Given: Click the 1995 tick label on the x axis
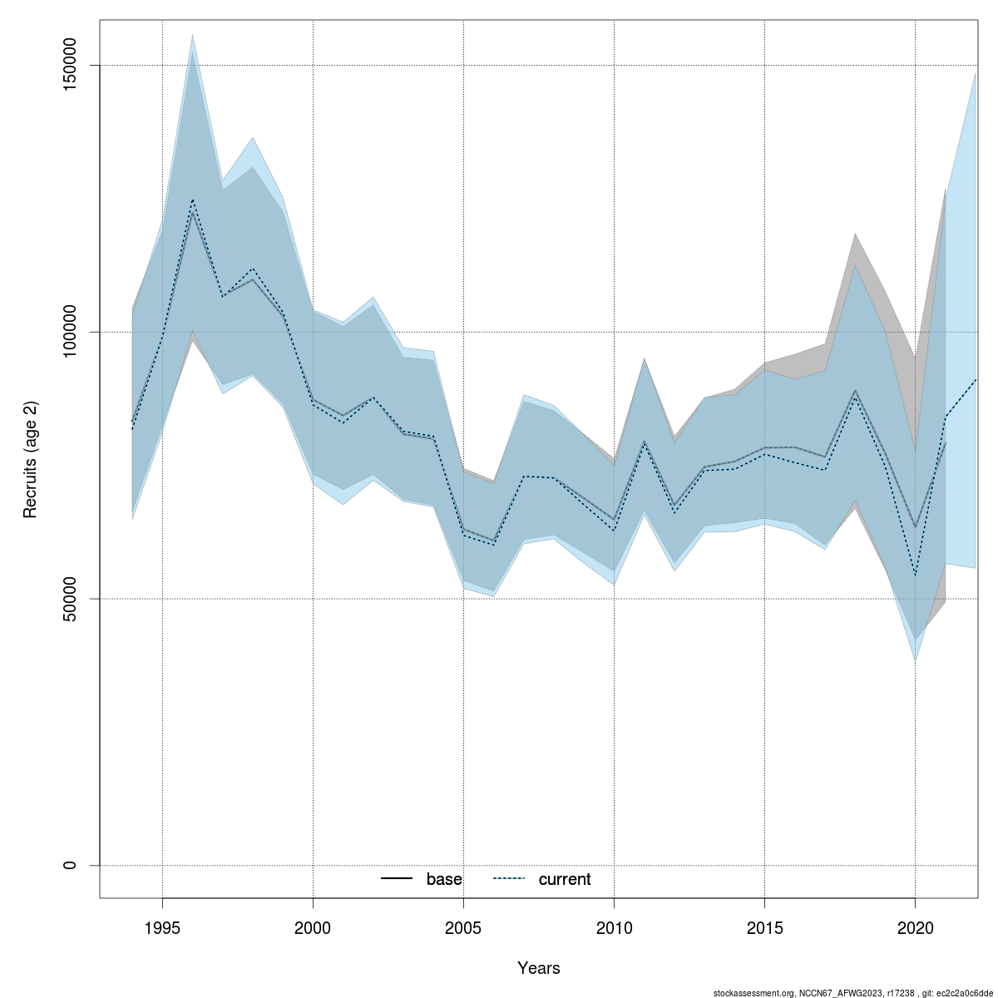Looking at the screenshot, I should click(x=162, y=927).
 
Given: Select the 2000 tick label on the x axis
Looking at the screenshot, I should click(x=313, y=927).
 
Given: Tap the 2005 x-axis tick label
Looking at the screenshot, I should click(x=463, y=927).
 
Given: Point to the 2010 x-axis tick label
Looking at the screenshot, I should click(x=614, y=927).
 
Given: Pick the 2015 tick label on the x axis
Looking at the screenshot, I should click(x=764, y=927).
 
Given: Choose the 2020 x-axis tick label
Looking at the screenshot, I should click(x=915, y=927).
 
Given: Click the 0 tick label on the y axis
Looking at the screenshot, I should click(x=70, y=865).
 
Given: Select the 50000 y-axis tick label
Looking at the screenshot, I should click(x=70, y=599).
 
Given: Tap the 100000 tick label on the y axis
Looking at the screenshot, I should click(x=70, y=332).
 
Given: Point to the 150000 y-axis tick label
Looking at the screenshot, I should click(x=70, y=65).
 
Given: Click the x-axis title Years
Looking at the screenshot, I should click(x=539, y=968).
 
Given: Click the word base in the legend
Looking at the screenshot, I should click(x=444, y=879).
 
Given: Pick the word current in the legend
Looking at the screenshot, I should click(x=565, y=879).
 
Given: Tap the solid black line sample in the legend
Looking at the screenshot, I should click(x=397, y=879).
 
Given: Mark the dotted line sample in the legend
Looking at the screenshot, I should click(x=509, y=879).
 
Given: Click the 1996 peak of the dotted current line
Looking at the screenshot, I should click(x=193, y=200).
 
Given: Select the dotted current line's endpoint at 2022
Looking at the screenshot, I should click(x=976, y=379).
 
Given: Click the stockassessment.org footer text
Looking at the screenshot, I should click(x=852, y=993).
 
